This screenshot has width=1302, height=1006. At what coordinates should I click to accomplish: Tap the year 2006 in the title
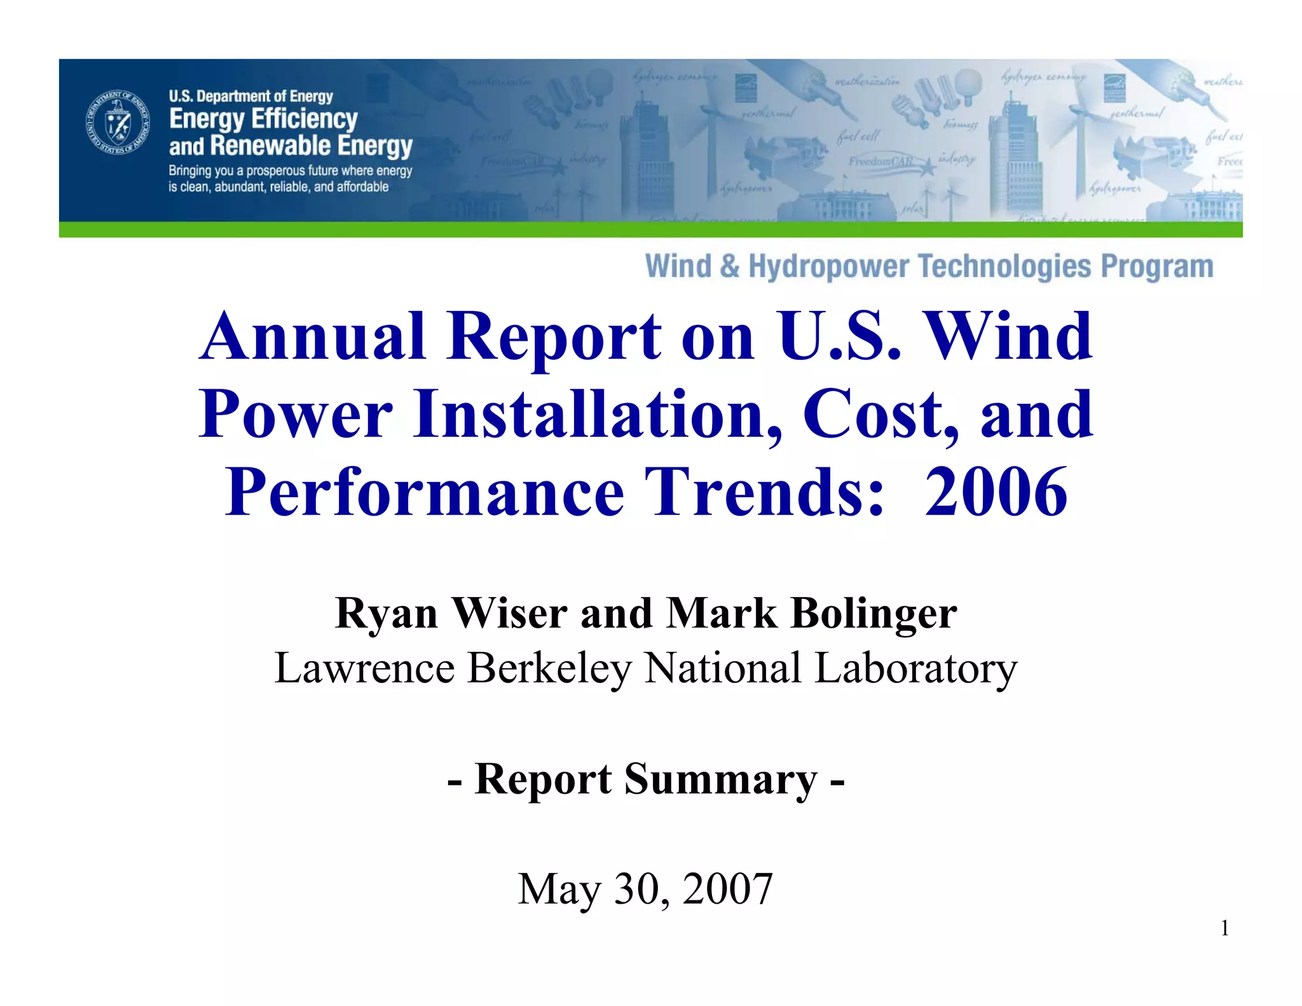[996, 492]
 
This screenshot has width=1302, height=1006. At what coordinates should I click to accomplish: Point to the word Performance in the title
[425, 492]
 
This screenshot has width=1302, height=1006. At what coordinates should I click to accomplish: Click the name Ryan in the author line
[387, 614]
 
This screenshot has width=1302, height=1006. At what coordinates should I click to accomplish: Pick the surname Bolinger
[874, 614]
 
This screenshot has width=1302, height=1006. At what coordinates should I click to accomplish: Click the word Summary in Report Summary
[721, 779]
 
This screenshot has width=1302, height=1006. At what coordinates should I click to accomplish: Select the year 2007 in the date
[727, 889]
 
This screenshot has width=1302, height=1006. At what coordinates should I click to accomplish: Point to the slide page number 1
[1224, 929]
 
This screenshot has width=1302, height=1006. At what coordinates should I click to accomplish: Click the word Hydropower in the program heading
[830, 266]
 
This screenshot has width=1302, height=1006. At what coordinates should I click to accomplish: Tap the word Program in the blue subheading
[1157, 266]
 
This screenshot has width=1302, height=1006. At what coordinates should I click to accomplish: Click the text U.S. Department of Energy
[250, 97]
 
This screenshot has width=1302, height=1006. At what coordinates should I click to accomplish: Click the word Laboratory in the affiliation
[916, 669]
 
